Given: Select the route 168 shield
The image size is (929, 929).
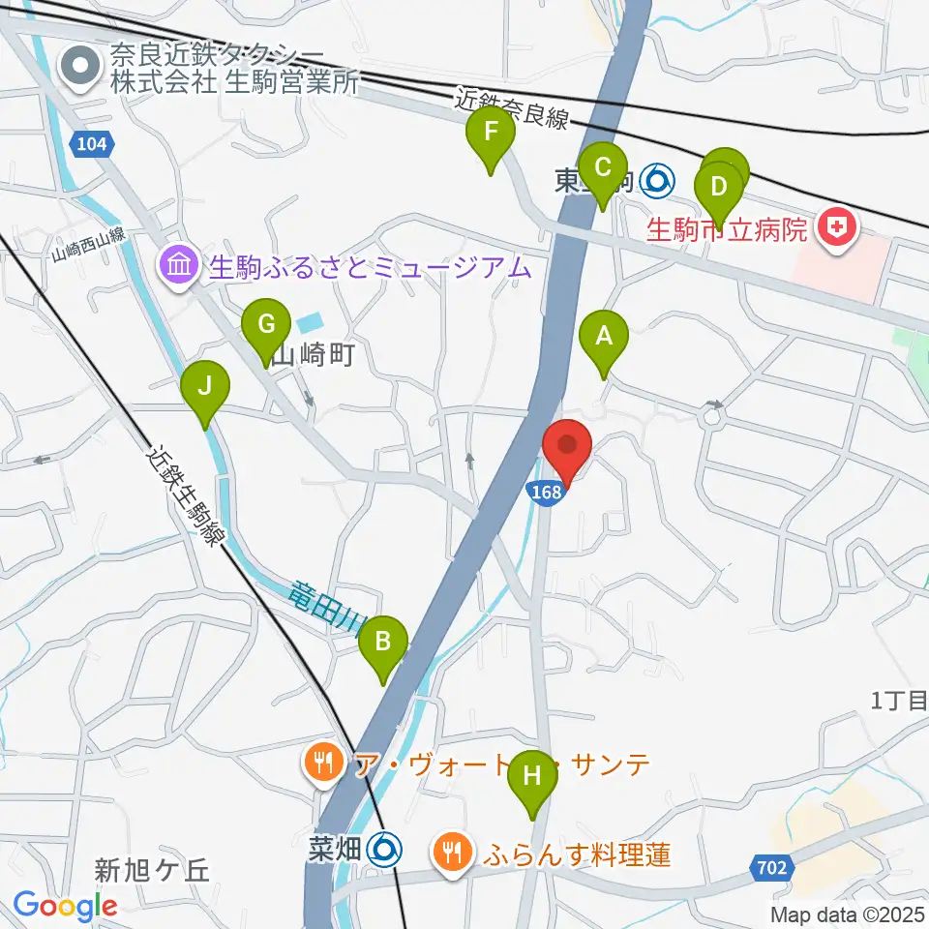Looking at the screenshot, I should coord(545,493).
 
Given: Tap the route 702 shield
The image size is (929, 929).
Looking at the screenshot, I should coord(767,868).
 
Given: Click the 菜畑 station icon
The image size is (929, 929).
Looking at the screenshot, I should coord(384,850).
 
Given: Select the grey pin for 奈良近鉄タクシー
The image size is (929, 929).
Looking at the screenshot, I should coord(81,67).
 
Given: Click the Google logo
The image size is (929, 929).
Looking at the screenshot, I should coord(65,906).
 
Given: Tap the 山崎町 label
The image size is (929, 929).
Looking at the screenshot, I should coord(309,356).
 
